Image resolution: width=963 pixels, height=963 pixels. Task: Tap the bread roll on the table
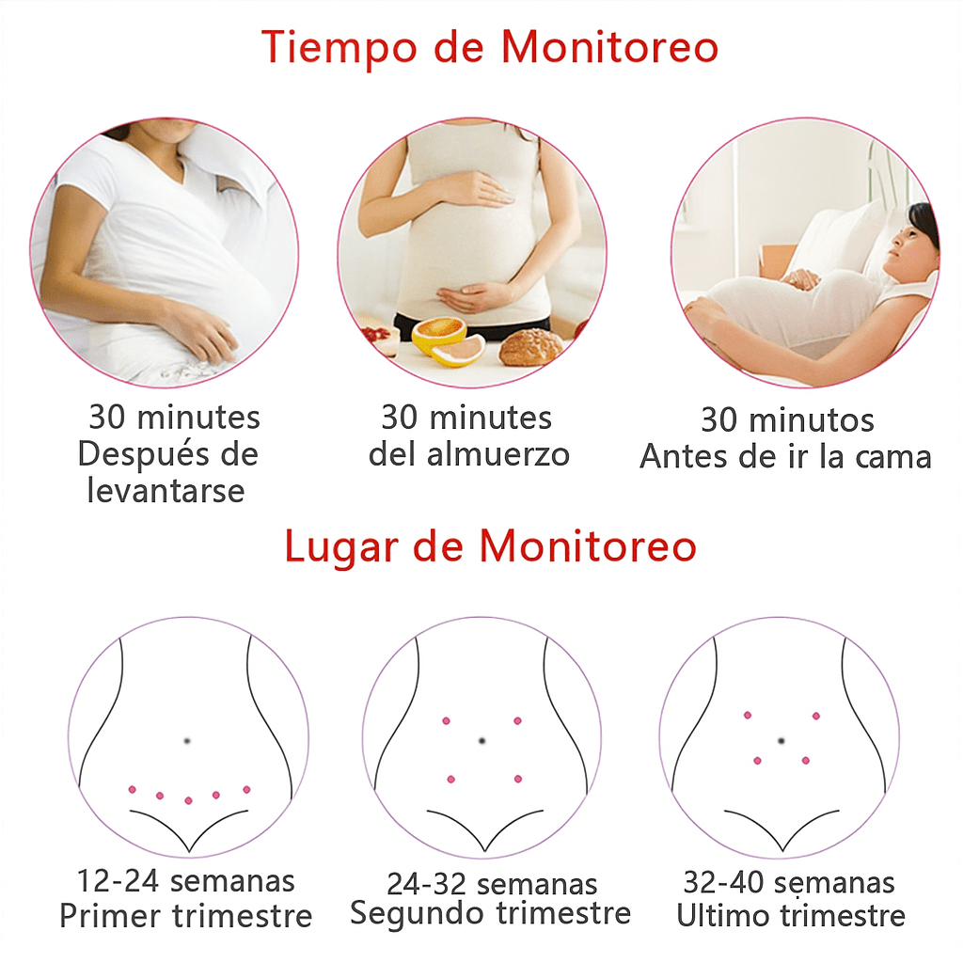point(531,347)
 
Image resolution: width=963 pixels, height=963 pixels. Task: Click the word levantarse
point(166,491)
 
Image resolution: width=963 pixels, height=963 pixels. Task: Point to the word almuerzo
point(498,455)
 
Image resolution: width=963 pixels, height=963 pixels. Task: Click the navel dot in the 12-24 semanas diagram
point(187,741)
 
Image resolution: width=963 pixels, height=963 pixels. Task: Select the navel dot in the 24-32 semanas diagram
point(482,741)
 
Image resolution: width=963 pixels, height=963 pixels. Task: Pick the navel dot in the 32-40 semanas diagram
point(781,741)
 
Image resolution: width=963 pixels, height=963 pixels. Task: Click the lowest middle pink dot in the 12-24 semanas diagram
point(188,800)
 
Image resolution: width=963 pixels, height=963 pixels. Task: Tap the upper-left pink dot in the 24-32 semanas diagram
point(447,721)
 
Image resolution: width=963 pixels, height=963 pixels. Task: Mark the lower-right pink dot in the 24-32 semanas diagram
point(518,779)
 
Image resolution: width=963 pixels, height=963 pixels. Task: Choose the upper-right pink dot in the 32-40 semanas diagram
point(816,716)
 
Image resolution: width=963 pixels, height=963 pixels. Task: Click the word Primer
point(110,916)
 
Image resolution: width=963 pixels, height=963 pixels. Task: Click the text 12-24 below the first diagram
point(118,881)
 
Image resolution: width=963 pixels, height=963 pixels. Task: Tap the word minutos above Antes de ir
point(812,421)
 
